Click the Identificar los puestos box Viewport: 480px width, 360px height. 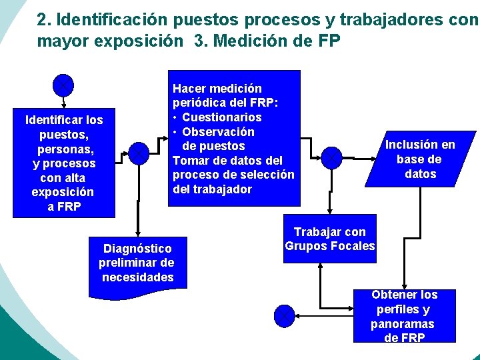(x=64, y=163)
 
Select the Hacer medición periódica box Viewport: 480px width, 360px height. (x=233, y=138)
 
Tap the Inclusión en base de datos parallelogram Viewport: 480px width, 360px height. (x=420, y=159)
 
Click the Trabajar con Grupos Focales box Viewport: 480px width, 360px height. (x=330, y=239)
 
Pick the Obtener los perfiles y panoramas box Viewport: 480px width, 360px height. (x=405, y=316)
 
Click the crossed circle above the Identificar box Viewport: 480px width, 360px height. (x=63, y=85)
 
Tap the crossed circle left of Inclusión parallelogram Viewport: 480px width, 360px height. (x=331, y=158)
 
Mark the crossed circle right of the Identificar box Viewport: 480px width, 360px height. (x=137, y=153)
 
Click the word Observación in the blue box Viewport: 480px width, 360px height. (x=218, y=132)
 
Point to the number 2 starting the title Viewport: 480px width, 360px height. (x=42, y=20)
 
